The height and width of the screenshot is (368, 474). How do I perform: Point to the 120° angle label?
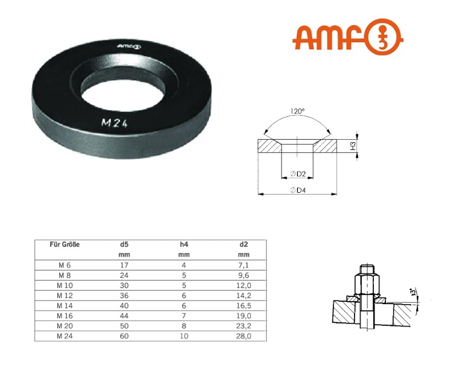297,112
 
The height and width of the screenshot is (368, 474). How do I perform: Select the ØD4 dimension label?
298,190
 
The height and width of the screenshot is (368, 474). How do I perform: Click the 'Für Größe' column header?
65,245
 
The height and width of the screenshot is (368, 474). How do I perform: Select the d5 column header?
124,245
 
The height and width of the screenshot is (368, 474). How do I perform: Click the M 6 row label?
65,264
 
